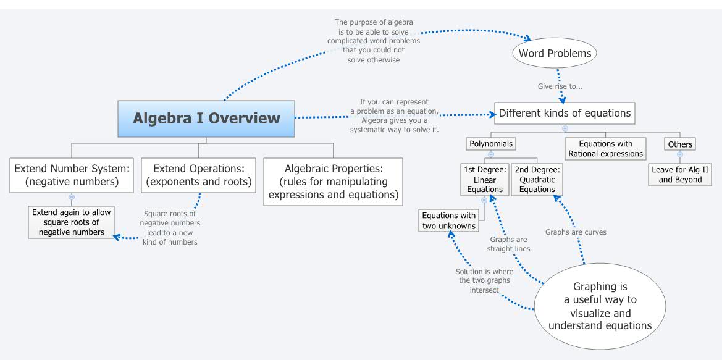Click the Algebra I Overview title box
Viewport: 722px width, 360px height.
point(206,118)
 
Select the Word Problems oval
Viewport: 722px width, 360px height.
point(555,53)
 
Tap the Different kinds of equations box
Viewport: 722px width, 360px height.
point(565,114)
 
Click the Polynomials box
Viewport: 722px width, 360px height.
point(490,143)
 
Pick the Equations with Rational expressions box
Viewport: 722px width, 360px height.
point(605,149)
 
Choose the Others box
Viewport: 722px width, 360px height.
point(679,144)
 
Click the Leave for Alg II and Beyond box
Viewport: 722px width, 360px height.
point(680,175)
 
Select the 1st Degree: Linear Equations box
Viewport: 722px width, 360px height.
point(484,179)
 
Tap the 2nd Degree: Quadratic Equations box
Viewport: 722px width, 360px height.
point(537,179)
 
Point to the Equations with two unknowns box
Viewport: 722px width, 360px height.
point(449,220)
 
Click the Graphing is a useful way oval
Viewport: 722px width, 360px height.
point(599,306)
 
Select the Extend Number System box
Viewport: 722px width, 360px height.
point(71,175)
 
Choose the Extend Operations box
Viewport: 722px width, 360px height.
point(198,175)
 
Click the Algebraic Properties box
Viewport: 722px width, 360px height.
point(333,182)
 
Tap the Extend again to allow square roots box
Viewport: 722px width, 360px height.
point(71,222)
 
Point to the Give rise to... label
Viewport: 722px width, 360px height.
point(560,86)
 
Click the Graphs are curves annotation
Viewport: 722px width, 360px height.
point(576,232)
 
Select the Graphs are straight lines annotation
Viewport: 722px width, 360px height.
point(508,244)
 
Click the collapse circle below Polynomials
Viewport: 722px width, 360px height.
point(490,154)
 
